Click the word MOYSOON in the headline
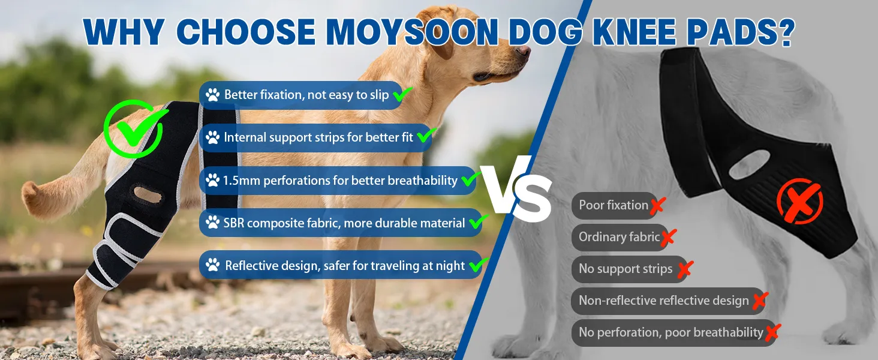click(411, 32)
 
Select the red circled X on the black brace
click(799, 201)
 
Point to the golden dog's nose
click(524, 50)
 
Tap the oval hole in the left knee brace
click(148, 194)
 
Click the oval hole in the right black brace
click(749, 165)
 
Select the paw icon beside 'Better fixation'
click(212, 95)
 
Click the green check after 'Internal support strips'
click(426, 135)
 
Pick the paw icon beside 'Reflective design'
click(212, 265)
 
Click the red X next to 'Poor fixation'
click(658, 206)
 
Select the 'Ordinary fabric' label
click(620, 237)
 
